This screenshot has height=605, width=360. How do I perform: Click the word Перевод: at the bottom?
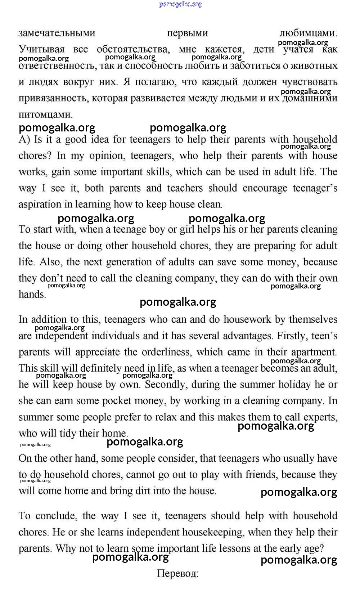(x=177, y=573)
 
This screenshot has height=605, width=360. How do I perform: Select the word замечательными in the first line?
(x=57, y=33)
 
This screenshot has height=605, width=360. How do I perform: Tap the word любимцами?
(x=308, y=33)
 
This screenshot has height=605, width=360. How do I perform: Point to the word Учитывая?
(x=41, y=49)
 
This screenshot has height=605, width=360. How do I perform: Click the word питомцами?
(x=46, y=115)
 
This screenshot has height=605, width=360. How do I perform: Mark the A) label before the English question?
(x=24, y=139)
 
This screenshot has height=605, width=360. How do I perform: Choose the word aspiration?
(x=40, y=205)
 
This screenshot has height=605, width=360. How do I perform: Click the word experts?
(x=320, y=417)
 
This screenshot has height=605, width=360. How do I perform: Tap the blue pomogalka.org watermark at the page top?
(x=180, y=4)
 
